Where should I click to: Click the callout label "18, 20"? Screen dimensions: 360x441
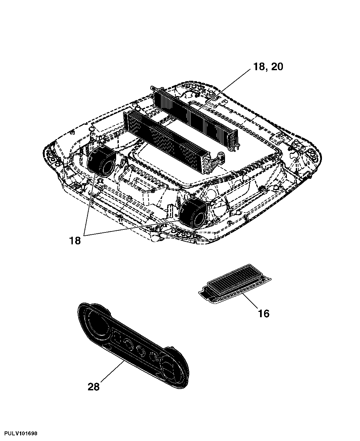pyautogui.click(x=268, y=67)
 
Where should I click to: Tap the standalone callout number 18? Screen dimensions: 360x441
pyautogui.click(x=75, y=241)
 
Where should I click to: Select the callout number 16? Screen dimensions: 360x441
pyautogui.click(x=264, y=314)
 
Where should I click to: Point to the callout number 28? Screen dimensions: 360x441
pyautogui.click(x=93, y=387)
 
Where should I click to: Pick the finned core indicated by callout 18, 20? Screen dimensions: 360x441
pyautogui.click(x=195, y=117)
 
